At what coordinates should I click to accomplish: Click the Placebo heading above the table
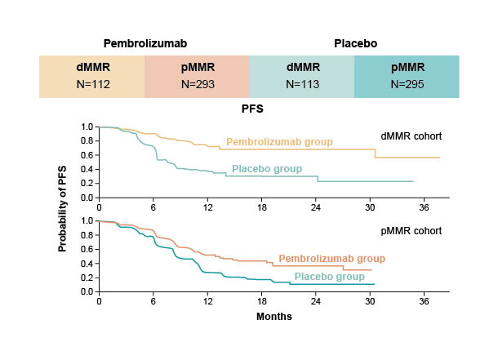click(356, 42)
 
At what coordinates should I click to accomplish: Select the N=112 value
click(91, 84)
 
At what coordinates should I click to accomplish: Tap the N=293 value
click(197, 84)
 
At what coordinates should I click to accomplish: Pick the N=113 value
click(302, 84)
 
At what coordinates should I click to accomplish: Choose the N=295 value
click(407, 84)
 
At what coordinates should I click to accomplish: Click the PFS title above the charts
click(250, 107)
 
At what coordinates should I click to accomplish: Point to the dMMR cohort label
click(411, 136)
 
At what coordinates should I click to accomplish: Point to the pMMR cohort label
click(411, 231)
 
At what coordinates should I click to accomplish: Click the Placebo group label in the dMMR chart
click(267, 169)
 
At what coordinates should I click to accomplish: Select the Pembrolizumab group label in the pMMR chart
click(331, 259)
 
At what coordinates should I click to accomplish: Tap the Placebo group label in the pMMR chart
click(329, 277)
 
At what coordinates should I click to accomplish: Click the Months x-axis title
click(273, 315)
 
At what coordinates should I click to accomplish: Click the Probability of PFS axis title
click(63, 208)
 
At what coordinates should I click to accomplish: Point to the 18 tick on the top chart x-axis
click(261, 207)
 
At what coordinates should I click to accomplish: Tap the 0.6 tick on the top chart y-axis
click(87, 155)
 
